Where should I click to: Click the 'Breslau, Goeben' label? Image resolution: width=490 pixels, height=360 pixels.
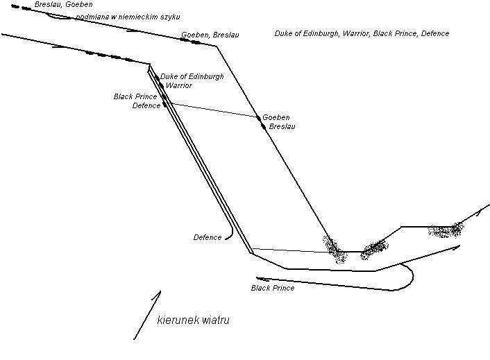pos(63,5)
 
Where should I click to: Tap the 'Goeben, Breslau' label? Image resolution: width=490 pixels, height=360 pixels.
pos(210,35)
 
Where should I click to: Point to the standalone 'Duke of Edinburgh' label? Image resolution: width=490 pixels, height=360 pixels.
pos(192,77)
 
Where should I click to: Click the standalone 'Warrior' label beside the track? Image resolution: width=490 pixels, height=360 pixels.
pos(178,86)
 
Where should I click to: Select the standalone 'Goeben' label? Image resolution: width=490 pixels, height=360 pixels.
pos(276,118)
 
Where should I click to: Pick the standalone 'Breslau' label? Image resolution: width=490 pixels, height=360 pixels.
pos(282,127)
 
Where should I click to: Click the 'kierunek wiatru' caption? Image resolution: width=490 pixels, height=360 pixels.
pos(193,320)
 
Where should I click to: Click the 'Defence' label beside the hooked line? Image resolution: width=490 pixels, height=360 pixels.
pos(208,238)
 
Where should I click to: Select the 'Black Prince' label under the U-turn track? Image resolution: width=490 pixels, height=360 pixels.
pos(273,288)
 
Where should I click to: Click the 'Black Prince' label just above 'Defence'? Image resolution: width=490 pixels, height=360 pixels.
pos(135,97)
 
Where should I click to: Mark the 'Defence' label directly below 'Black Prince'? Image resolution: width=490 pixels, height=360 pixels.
pos(146,106)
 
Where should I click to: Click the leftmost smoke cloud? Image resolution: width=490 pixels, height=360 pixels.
pos(334,248)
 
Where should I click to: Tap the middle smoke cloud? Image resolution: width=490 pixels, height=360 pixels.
pos(374,247)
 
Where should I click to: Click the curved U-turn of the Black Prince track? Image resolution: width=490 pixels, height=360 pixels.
pos(410,277)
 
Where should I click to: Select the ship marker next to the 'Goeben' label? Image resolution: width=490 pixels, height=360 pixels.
pos(259,118)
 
